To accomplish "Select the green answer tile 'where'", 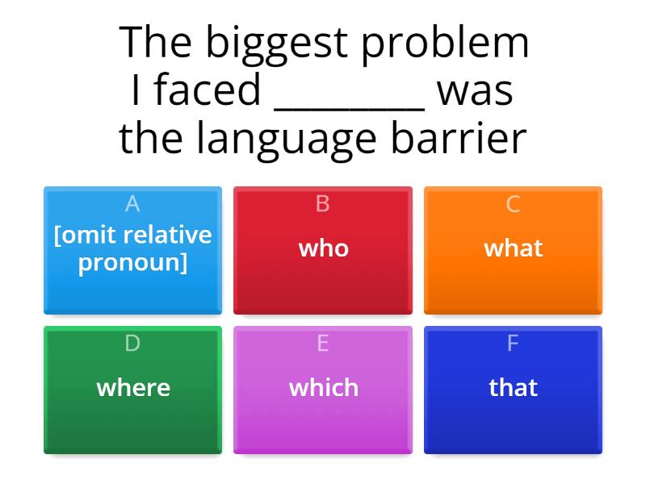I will coord(133,388).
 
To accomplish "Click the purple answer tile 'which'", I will coord(323,388).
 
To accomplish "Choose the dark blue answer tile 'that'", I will coord(513,388).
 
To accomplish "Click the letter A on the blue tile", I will coord(132,205).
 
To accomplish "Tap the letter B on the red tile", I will coord(323,205).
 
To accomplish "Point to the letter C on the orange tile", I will coord(513,205).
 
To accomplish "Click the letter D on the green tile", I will coord(132,344).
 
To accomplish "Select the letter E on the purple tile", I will coord(323,344).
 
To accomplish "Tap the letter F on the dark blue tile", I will coord(513,344).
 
